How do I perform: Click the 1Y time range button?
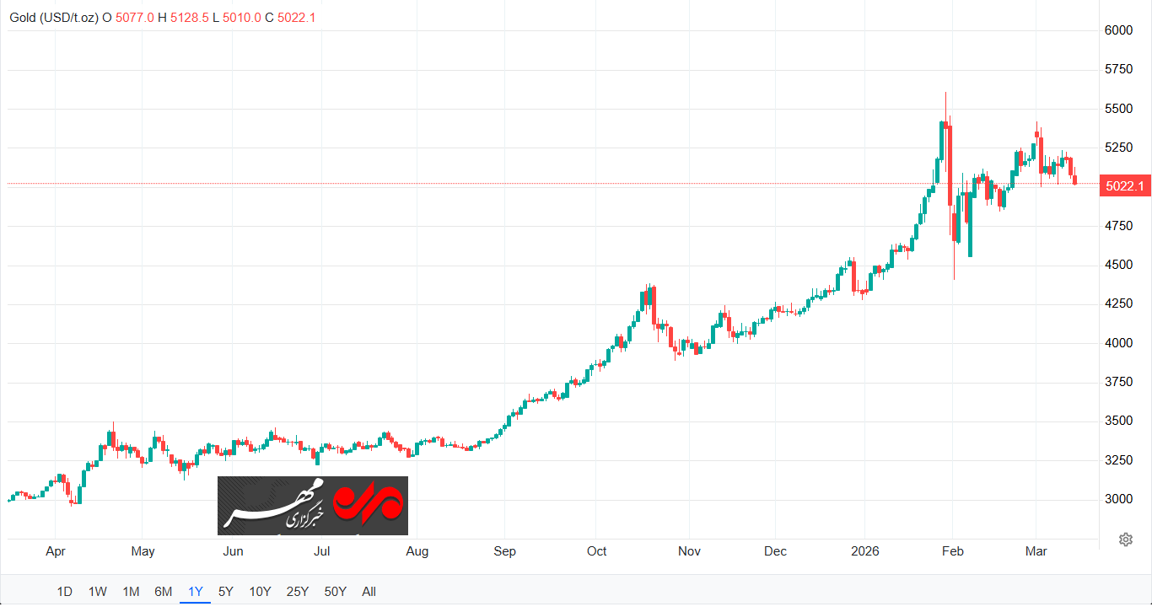click(x=196, y=592)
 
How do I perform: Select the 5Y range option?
click(x=226, y=592)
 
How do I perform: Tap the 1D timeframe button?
click(x=64, y=592)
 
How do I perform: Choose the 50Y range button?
click(x=336, y=592)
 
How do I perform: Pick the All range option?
click(x=369, y=592)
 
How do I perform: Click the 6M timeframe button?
click(x=164, y=592)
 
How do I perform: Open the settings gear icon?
click(x=1125, y=540)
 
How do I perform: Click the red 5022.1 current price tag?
click(x=1125, y=186)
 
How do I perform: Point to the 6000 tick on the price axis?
click(x=1118, y=30)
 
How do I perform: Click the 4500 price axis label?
click(x=1118, y=265)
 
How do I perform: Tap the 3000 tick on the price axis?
click(x=1118, y=499)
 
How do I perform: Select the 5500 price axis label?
click(x=1118, y=109)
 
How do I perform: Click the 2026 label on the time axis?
click(x=865, y=552)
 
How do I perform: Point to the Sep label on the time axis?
click(x=504, y=552)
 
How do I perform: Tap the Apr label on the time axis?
click(x=56, y=552)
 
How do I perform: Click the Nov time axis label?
click(x=690, y=552)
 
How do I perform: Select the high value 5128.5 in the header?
click(x=188, y=17)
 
